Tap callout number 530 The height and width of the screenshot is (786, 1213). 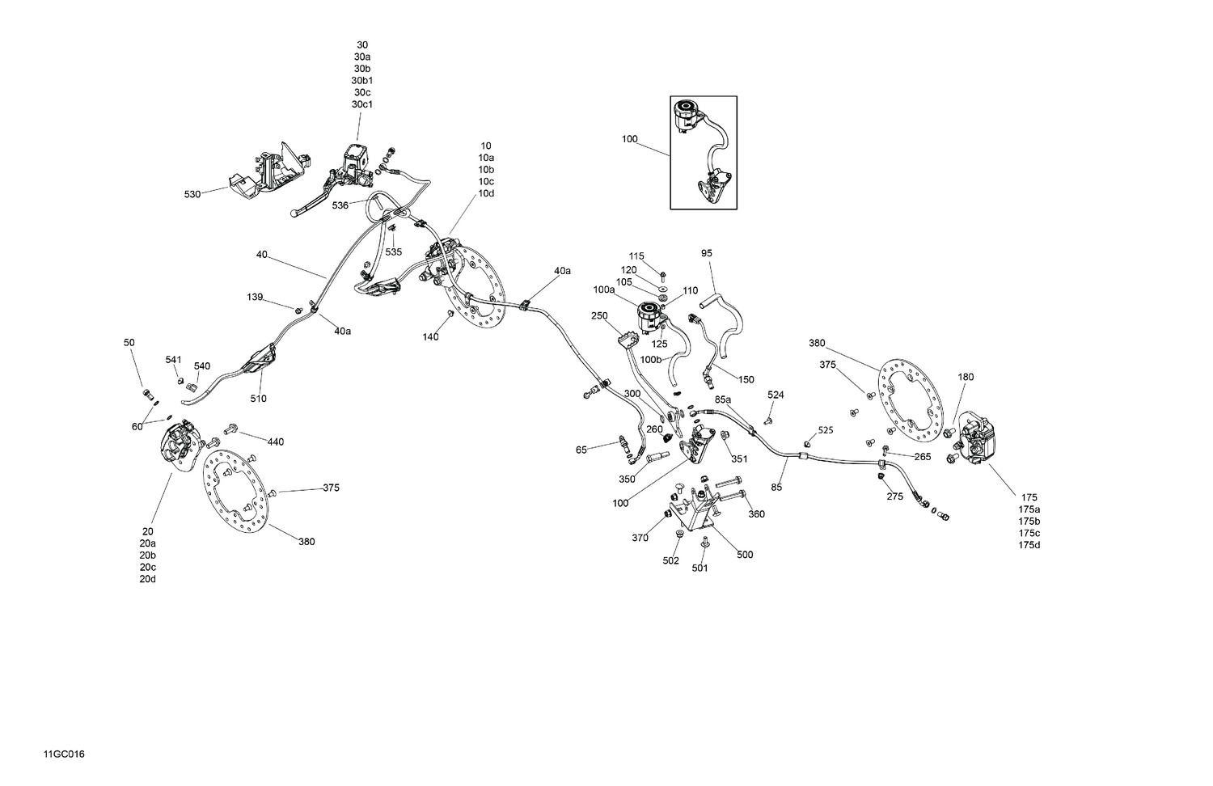192,194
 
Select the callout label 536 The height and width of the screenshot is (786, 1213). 340,205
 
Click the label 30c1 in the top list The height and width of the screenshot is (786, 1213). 361,104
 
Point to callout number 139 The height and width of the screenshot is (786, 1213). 256,298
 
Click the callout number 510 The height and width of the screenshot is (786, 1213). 258,399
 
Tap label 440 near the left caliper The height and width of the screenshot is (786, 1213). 276,442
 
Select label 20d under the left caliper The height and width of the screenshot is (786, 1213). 147,579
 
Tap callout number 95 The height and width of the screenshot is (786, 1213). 707,253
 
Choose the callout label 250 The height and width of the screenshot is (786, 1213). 599,315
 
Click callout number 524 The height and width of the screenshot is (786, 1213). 776,395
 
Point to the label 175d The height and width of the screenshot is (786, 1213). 1029,545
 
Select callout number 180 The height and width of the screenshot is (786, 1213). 966,377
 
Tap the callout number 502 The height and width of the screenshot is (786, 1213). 670,561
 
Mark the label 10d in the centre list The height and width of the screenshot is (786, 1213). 486,193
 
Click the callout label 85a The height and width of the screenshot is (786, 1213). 723,399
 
